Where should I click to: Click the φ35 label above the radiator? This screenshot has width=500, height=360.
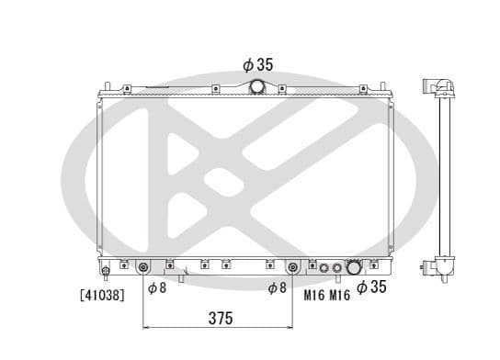click(x=257, y=65)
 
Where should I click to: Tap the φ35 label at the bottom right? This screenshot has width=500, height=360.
click(x=373, y=287)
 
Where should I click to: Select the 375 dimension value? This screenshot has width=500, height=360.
click(x=220, y=318)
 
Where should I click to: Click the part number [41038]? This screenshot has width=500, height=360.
click(x=102, y=295)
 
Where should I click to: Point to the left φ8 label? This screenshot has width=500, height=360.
click(x=157, y=288)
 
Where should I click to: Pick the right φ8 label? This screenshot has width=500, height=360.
click(x=277, y=288)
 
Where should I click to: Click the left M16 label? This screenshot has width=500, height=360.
click(x=314, y=294)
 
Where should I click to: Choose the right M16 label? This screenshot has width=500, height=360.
click(x=340, y=294)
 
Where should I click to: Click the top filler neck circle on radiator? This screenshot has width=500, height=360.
click(x=257, y=86)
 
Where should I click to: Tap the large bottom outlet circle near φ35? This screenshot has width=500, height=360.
click(x=354, y=268)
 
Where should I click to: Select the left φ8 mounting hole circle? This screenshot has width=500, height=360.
click(x=143, y=268)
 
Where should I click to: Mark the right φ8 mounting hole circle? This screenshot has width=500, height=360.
click(x=292, y=268)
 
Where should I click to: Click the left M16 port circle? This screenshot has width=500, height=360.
click(x=322, y=268)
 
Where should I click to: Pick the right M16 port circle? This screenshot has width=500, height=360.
click(x=337, y=268)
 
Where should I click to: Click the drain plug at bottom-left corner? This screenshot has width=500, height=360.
click(x=107, y=271)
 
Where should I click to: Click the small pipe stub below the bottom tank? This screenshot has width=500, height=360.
click(x=181, y=277)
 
